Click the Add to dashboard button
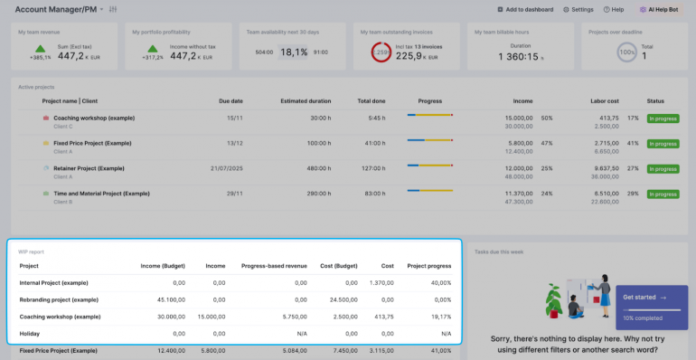tap(525, 9)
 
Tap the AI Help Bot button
tap(660, 9)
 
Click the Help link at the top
tap(615, 9)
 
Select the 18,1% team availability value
tap(294, 52)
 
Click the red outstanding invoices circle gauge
tap(381, 53)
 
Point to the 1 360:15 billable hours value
tap(520, 56)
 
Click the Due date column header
tap(230, 101)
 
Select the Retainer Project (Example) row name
tap(89, 168)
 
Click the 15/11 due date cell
tap(235, 118)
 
